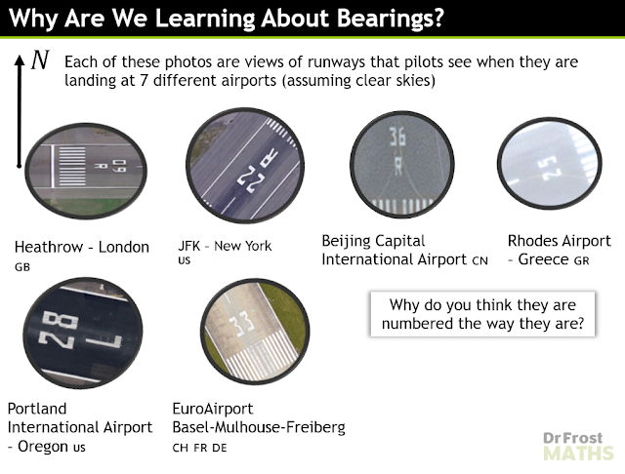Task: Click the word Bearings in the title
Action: point(391,18)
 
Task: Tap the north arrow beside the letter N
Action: point(19,111)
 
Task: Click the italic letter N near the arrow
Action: point(40,60)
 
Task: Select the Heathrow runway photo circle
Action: point(86,171)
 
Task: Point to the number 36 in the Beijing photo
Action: point(397,138)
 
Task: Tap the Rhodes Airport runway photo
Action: point(550,164)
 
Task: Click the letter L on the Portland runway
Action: point(104,340)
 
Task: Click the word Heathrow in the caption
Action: point(49,247)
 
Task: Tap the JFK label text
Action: point(188,246)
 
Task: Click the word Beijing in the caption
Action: point(345,241)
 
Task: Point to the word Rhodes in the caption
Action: point(532,241)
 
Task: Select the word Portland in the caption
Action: point(37,409)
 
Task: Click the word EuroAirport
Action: point(213,409)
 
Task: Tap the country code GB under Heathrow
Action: point(22,267)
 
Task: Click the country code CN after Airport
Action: point(479,260)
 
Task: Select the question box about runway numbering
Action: point(482,314)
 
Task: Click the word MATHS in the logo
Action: point(578,454)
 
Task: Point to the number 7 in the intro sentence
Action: point(144,80)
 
